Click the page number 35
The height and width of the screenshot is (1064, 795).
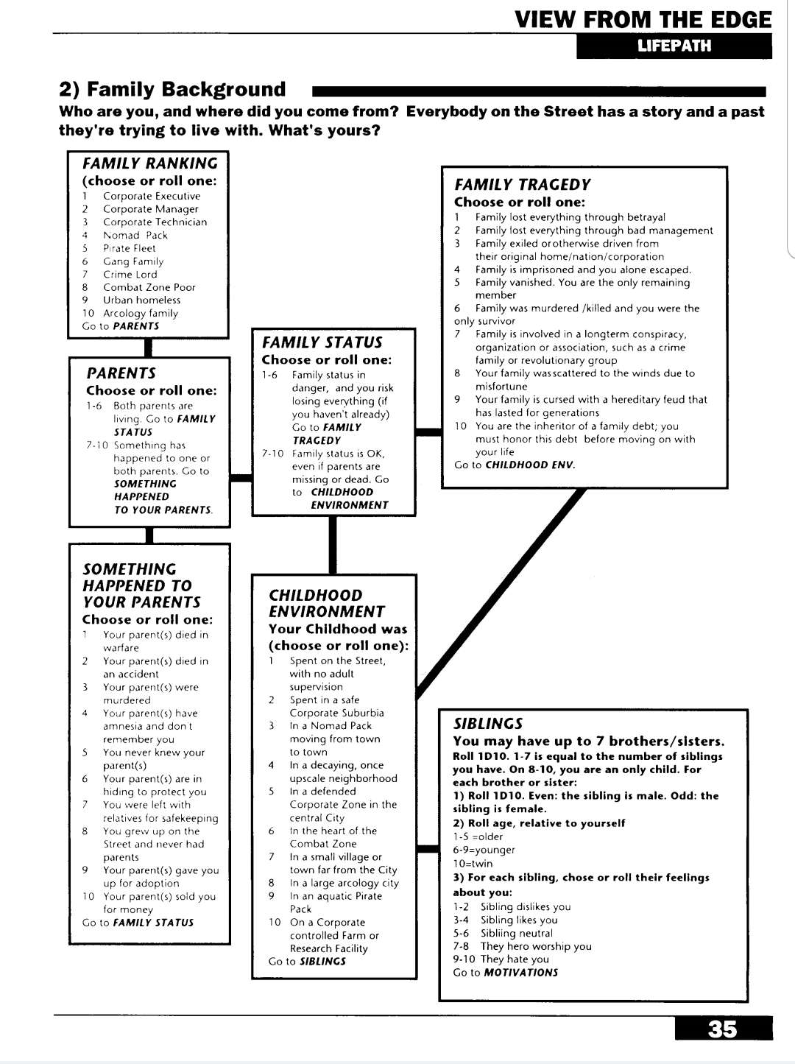point(722,1029)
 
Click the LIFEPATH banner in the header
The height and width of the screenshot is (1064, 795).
point(674,46)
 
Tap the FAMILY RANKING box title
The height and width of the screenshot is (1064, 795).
point(150,163)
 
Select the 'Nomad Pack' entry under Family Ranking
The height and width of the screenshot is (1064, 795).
point(135,236)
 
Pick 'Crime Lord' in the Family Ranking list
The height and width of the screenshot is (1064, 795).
point(130,275)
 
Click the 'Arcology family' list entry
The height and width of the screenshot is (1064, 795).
point(140,313)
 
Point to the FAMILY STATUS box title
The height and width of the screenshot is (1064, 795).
point(322,342)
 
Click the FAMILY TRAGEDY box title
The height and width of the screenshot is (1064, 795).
point(522,185)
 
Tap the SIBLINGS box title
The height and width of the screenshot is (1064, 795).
point(487,724)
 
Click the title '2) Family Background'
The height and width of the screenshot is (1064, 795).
point(172,90)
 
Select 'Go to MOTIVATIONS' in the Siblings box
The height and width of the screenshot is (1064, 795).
point(505,973)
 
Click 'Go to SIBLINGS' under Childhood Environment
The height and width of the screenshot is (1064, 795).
point(307,962)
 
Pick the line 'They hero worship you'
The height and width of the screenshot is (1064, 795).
point(535,946)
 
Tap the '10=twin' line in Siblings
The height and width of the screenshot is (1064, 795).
point(473,864)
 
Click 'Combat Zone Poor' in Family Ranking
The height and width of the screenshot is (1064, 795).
point(149,287)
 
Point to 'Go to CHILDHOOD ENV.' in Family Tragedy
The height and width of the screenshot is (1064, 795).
point(515,465)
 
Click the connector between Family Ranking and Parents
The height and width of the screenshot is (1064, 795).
point(148,348)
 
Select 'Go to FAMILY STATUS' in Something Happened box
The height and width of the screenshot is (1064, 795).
point(138,923)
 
